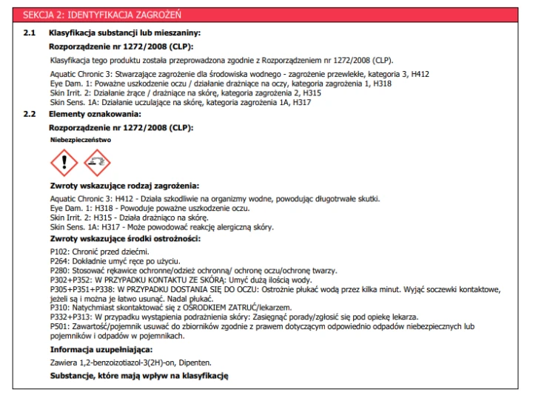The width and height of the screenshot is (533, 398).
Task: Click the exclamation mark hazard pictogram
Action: coord(64,162)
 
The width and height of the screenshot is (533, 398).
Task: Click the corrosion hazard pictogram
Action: coord(97,162)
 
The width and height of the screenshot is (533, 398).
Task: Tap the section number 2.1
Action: coord(29,33)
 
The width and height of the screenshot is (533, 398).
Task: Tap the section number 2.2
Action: coord(29,114)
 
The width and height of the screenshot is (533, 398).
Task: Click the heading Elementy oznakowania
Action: coord(94,114)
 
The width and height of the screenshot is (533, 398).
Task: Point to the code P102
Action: coord(58,252)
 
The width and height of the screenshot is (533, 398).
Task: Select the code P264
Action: coord(58,262)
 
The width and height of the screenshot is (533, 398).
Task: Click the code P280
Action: coord(58,271)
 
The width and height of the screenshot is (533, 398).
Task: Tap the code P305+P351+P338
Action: coord(80,289)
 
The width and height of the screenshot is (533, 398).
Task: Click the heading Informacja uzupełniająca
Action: coord(101,349)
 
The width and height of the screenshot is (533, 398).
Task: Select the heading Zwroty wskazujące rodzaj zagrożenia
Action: coord(124,186)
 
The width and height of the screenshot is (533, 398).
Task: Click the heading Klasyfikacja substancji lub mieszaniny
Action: coord(124,33)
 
